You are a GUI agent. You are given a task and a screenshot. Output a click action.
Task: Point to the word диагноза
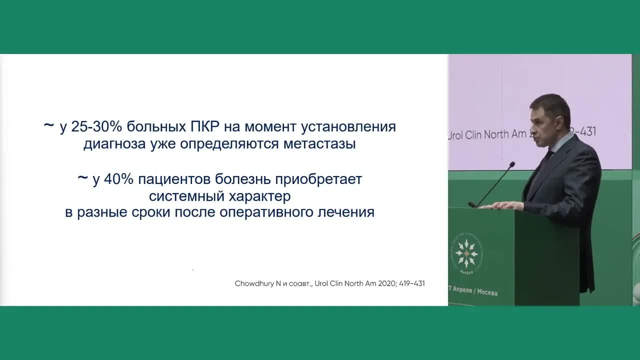[x=112, y=144]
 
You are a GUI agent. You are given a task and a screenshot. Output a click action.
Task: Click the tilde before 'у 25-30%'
[x=48, y=126]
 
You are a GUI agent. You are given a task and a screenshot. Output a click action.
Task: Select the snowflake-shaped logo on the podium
[x=466, y=253]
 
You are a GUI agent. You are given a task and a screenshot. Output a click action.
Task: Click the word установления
[x=348, y=127]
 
